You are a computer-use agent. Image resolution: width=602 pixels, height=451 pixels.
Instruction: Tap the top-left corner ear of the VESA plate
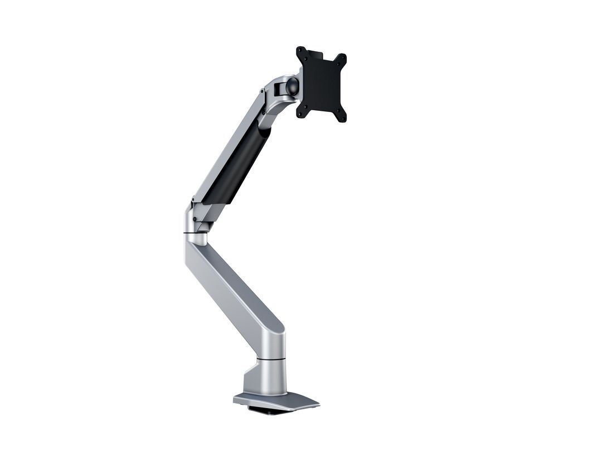click(x=300, y=51)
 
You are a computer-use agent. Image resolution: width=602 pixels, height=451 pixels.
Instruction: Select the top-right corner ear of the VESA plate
click(x=342, y=58)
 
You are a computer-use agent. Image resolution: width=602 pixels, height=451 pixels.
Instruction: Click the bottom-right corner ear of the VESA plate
click(x=342, y=117)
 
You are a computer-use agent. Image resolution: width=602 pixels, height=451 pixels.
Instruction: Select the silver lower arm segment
click(x=234, y=290)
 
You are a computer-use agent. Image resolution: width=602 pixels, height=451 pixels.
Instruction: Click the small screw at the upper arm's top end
click(x=261, y=91)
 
